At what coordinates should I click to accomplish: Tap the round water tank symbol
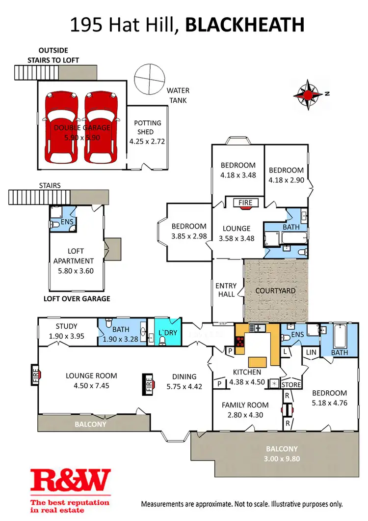click(x=150, y=78)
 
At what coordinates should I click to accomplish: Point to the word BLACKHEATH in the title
click(x=245, y=25)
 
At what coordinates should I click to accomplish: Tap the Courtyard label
click(x=275, y=290)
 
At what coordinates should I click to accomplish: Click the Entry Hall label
click(x=226, y=290)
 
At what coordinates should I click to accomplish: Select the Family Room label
click(x=245, y=405)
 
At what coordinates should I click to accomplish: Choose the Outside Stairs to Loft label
click(x=60, y=55)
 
